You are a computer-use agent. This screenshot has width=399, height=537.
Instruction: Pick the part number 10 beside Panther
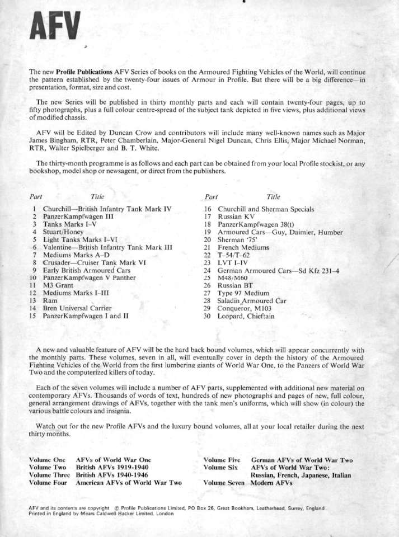click(35, 277)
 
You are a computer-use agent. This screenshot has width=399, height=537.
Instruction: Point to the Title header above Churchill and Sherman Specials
click(274, 197)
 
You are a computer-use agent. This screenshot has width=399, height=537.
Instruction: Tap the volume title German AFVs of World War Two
click(302, 460)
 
